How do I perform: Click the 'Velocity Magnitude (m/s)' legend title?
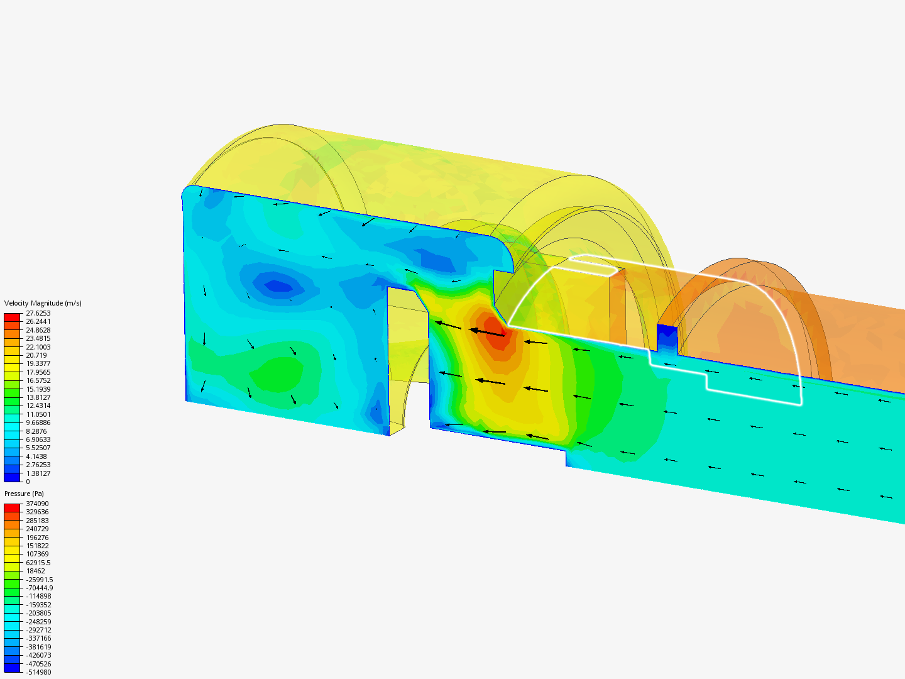point(43,303)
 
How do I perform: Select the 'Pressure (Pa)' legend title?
point(24,494)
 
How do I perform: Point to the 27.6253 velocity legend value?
point(38,313)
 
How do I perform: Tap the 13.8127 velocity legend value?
point(38,397)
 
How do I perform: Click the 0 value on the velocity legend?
point(28,482)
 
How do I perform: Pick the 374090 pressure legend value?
point(37,504)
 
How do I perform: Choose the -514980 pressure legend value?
point(38,673)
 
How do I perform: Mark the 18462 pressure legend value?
point(36,571)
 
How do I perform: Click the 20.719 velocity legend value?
point(36,355)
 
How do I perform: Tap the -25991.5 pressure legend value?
point(40,580)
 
